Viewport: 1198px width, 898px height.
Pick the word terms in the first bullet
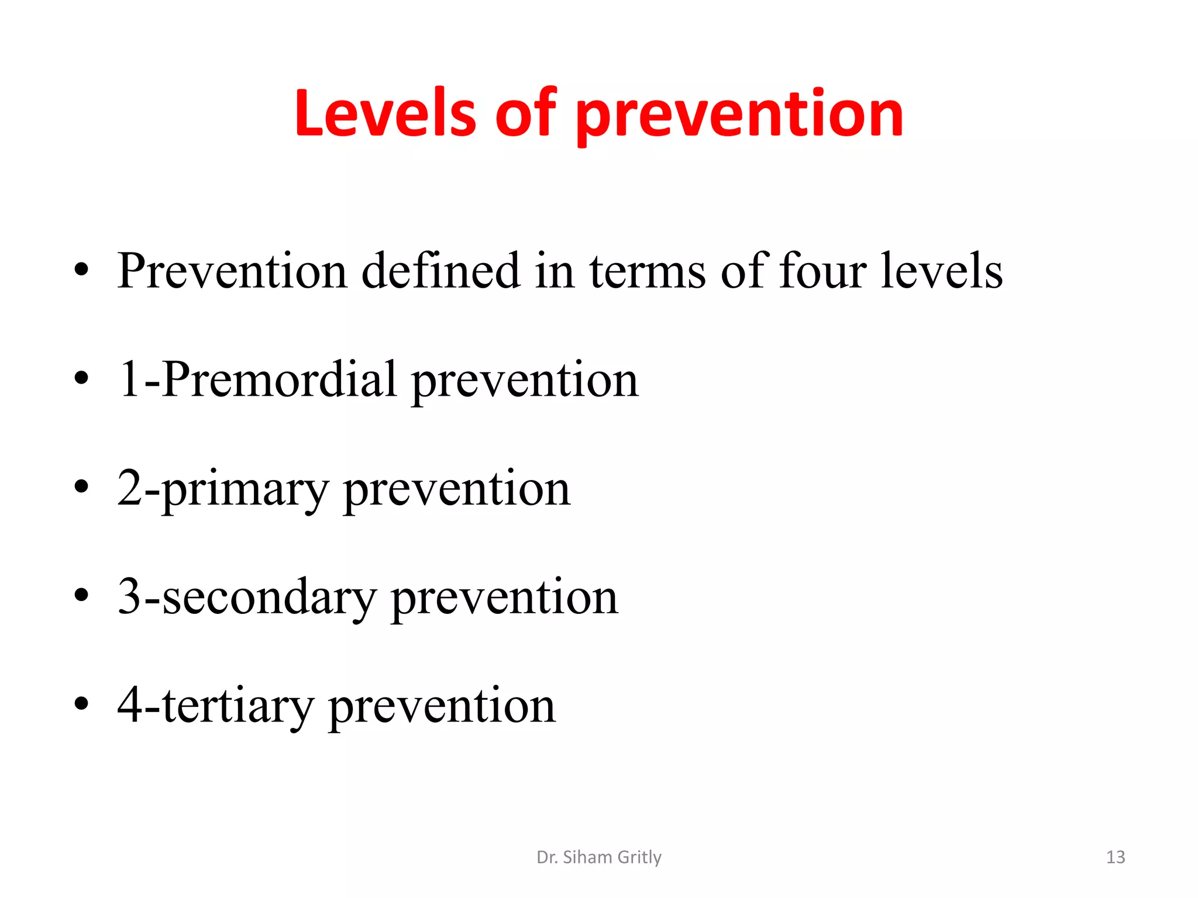click(x=647, y=272)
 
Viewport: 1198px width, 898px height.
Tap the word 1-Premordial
click(x=257, y=379)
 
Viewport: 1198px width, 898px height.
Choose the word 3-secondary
click(x=247, y=597)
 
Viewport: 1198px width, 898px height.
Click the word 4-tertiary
click(x=215, y=706)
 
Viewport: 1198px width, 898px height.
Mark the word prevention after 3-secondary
click(x=504, y=599)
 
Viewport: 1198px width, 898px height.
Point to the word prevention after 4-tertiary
click(x=442, y=707)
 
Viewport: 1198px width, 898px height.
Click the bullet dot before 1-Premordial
click(x=81, y=378)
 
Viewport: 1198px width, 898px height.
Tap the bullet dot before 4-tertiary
click(x=81, y=703)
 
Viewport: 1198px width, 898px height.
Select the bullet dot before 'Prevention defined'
click(x=81, y=270)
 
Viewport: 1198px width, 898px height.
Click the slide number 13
click(x=1115, y=857)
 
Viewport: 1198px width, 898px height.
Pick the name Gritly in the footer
click(x=639, y=857)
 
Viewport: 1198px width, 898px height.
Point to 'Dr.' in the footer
click(x=546, y=857)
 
